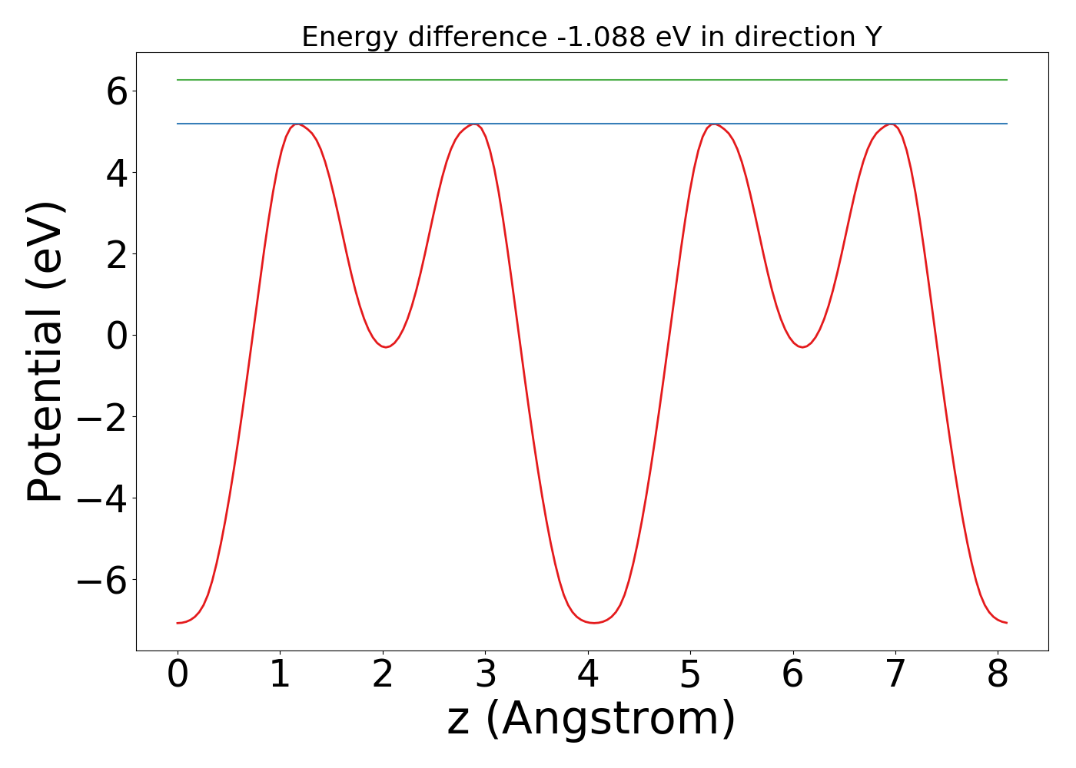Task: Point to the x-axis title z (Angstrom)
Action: [x=591, y=719]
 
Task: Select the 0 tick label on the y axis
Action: [x=117, y=336]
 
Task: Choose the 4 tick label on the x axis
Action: [x=588, y=675]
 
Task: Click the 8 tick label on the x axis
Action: [x=998, y=675]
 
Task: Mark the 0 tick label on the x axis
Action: [x=178, y=675]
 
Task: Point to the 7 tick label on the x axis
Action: [x=895, y=675]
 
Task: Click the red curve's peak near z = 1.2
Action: [x=298, y=124]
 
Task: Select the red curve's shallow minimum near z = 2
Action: [x=386, y=347]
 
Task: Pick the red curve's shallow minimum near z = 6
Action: [x=802, y=347]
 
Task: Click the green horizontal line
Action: [x=592, y=80]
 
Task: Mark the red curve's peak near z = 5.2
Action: [x=715, y=124]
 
